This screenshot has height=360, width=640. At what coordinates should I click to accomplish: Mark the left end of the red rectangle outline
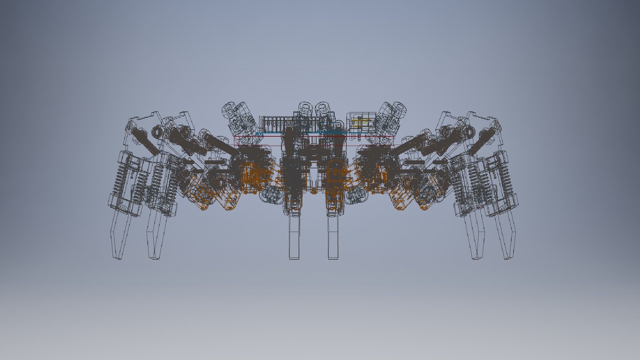pos(235,141)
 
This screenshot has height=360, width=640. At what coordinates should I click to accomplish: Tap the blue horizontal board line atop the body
pos(300,133)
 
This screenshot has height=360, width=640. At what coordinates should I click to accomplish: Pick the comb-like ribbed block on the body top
pos(273,124)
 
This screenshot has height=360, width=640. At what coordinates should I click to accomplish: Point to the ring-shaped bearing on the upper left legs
pos(156,132)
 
